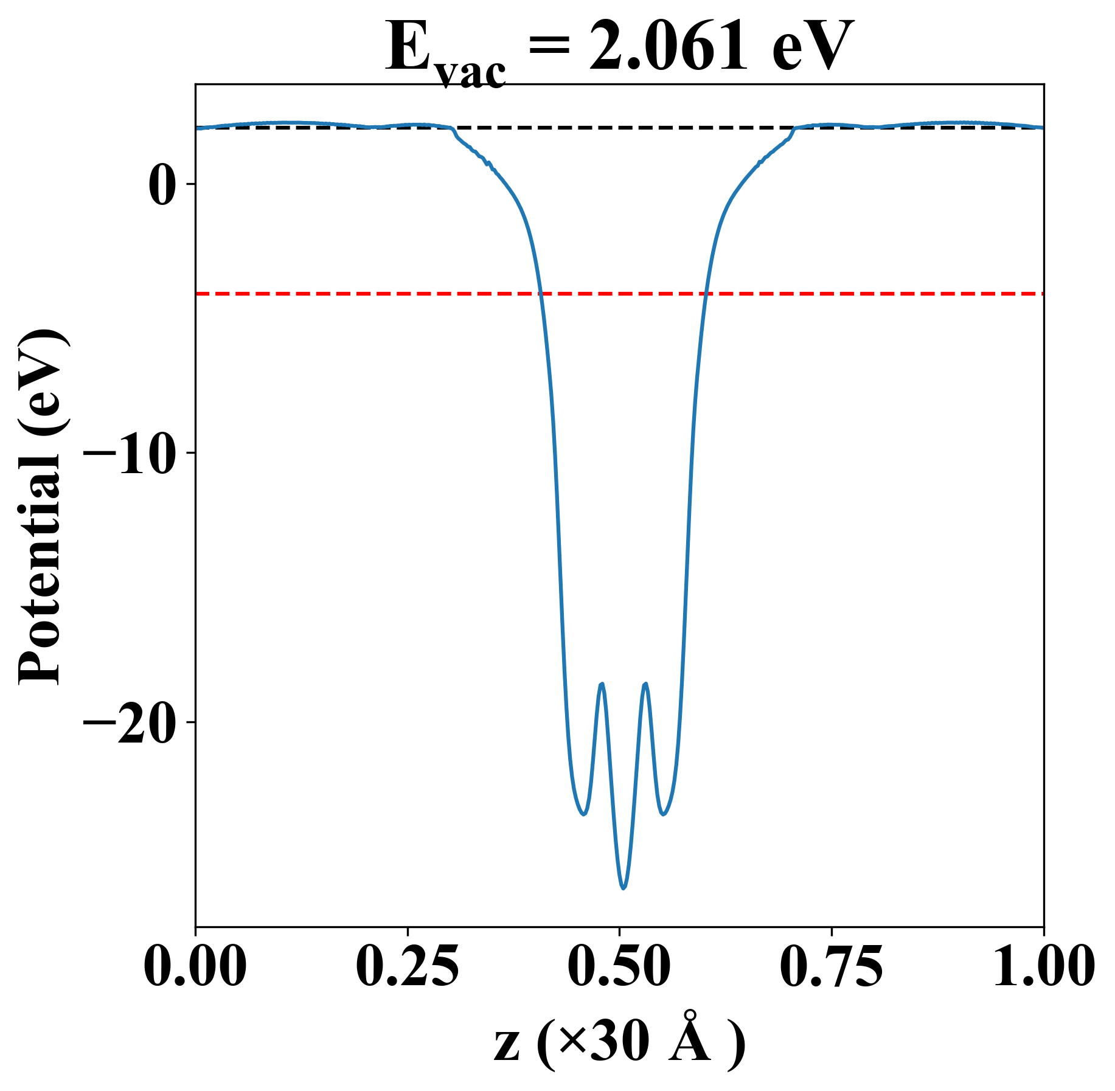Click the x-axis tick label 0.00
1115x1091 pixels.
coord(195,966)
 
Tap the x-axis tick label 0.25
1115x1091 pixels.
coord(407,966)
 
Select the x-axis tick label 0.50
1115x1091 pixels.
coord(619,966)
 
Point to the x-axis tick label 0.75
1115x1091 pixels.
coord(831,966)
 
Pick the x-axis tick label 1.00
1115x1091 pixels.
coord(1043,966)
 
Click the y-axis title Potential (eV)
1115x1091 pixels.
coord(41,507)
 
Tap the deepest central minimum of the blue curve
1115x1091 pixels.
coord(623,888)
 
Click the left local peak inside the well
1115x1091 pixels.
coord(602,684)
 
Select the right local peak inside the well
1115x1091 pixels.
coord(645,684)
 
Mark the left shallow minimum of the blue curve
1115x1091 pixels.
coord(583,814)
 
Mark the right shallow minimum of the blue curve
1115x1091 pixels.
coord(664,814)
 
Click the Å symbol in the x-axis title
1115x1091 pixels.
coord(690,1046)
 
